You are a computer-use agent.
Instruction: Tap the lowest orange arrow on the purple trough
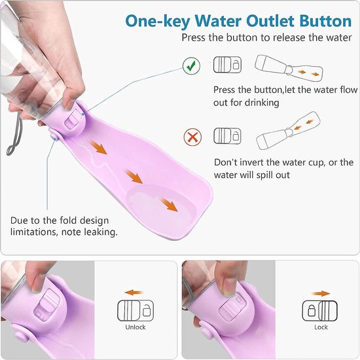pos(170,206)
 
